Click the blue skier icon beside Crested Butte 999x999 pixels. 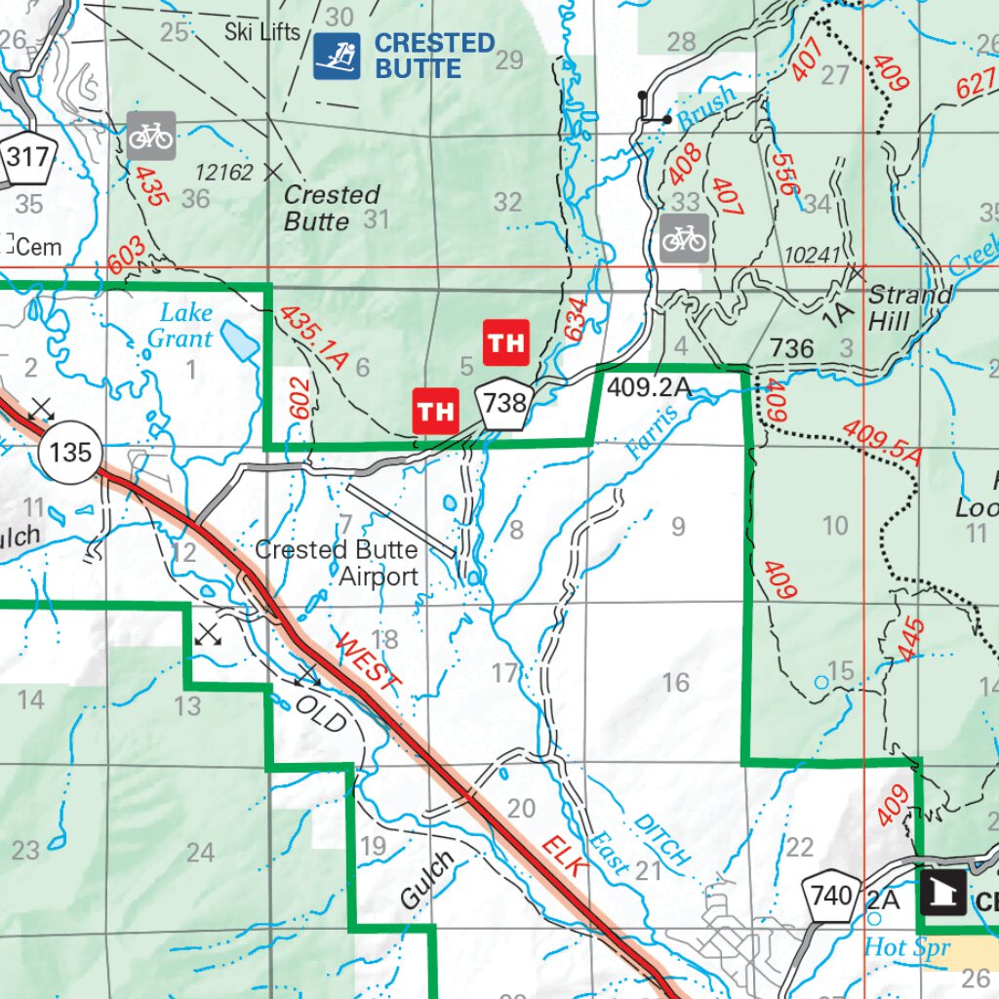pos(337,57)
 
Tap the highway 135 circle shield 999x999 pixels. pos(71,452)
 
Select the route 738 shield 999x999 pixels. pos(504,402)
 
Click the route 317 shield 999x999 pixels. pos(26,154)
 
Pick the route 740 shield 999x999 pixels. pos(830,894)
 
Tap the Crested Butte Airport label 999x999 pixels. pos(337,563)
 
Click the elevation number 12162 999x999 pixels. pos(224,173)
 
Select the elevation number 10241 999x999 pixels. pos(812,255)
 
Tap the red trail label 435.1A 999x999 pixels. pos(313,337)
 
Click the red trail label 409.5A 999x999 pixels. pos(882,441)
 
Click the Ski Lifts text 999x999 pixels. pos(262,31)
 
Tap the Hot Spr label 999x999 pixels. pos(906,947)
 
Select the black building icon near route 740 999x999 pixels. pos(943,893)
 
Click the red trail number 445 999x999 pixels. pos(909,639)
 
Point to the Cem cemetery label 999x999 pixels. pos(37,247)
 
